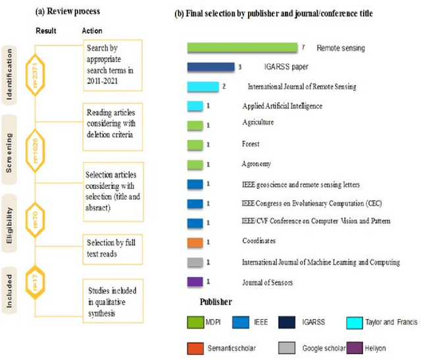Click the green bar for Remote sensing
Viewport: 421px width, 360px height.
tap(242, 47)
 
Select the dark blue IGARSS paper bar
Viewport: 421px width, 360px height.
tap(210, 66)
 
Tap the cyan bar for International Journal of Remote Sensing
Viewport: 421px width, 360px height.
tap(203, 86)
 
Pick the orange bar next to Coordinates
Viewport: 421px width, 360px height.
tap(195, 242)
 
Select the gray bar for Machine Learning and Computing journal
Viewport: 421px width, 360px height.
tap(195, 262)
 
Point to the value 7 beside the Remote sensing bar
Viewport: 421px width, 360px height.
tap(304, 47)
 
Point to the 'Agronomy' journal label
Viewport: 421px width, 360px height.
tap(257, 164)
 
